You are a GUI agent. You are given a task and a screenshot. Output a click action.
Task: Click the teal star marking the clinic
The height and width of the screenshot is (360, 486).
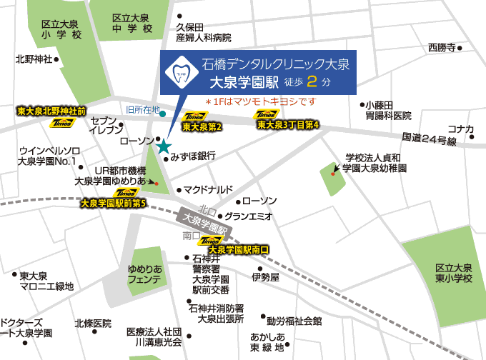point(164,146)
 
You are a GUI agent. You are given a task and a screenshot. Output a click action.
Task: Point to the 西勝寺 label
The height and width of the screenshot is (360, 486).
point(442,48)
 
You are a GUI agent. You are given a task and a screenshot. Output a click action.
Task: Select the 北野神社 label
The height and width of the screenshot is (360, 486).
point(34,59)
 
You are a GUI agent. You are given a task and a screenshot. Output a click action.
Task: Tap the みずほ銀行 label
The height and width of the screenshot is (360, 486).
point(193,155)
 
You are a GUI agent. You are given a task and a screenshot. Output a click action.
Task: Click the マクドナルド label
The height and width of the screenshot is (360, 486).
point(208,189)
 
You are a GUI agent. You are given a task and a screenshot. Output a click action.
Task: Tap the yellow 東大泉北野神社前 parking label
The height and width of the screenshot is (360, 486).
point(51,112)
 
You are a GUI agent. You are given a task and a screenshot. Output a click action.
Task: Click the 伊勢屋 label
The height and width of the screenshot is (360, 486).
point(265,276)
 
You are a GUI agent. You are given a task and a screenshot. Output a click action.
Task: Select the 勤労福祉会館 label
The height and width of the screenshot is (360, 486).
point(294,321)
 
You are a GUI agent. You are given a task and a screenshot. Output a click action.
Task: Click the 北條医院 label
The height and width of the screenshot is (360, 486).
point(93,323)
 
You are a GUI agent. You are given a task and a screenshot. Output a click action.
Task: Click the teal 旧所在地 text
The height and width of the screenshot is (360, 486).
point(142,109)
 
